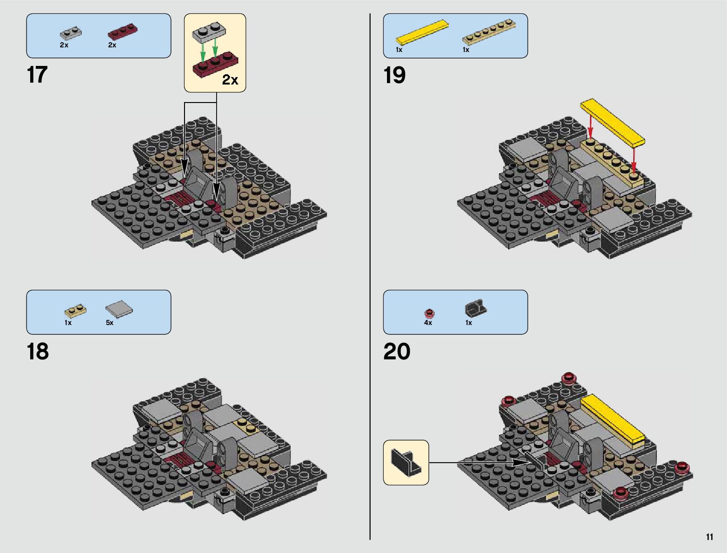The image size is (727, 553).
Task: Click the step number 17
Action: pyautogui.click(x=37, y=75)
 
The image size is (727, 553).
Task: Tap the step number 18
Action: pyautogui.click(x=38, y=351)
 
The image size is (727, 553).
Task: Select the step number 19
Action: pyautogui.click(x=394, y=75)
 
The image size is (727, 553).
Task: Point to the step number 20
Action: pyautogui.click(x=397, y=351)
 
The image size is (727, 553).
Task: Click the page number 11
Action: pyautogui.click(x=709, y=537)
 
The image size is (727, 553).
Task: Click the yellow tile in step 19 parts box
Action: pyautogui.click(x=422, y=33)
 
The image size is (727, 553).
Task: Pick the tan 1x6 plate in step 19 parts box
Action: pyautogui.click(x=489, y=33)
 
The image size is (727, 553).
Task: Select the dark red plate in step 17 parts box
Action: pyautogui.click(x=123, y=32)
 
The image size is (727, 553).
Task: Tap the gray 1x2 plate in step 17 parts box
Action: pyautogui.click(x=71, y=33)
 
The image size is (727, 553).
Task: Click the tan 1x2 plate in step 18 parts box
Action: pyautogui.click(x=75, y=310)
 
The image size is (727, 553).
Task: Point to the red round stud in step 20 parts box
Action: pyautogui.click(x=429, y=312)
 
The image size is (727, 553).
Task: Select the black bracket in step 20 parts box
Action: pyautogui.click(x=475, y=308)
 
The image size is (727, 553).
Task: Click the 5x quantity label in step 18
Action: pyautogui.click(x=110, y=323)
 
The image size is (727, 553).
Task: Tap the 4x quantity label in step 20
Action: pyautogui.click(x=428, y=323)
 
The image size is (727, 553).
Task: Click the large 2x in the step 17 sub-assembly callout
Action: pyautogui.click(x=230, y=80)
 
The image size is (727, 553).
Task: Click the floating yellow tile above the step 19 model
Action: pyautogui.click(x=612, y=123)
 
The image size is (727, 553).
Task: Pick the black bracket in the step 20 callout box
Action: pyautogui.click(x=406, y=462)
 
